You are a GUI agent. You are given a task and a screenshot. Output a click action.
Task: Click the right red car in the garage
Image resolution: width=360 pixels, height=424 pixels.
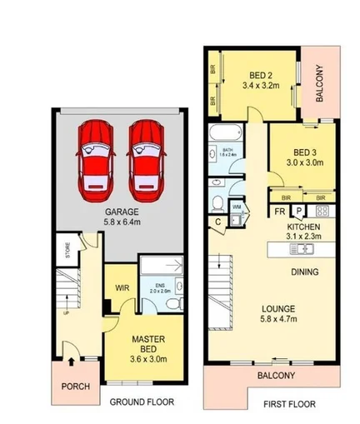click(x=145, y=157)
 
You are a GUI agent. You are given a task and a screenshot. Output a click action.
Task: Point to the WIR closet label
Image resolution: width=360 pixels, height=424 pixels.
click(x=121, y=290)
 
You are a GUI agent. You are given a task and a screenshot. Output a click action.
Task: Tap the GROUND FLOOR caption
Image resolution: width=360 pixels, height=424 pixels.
click(x=142, y=402)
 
